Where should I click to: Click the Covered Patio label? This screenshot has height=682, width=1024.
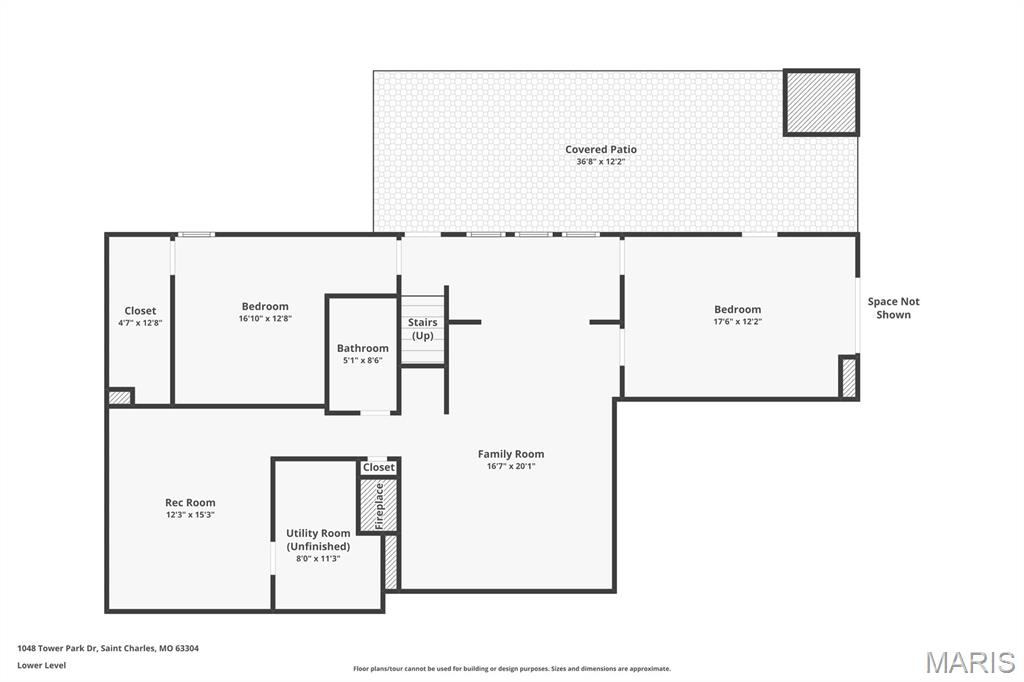601,149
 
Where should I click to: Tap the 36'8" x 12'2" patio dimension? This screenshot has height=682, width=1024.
601,161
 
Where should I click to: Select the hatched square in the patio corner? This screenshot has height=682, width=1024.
821,103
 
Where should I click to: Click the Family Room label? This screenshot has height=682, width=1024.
511,454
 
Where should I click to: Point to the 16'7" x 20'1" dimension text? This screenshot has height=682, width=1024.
511,466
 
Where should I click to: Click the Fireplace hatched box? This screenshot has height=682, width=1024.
379,505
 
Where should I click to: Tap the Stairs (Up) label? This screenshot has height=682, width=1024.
423,329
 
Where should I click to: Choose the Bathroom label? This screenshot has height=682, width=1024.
362,348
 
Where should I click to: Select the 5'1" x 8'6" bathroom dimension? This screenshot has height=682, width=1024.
362,361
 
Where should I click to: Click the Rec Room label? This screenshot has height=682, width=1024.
190,502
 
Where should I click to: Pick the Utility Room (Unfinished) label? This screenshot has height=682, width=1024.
318,540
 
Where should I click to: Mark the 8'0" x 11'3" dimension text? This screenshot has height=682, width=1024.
318,559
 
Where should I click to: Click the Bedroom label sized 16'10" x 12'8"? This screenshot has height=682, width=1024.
265,306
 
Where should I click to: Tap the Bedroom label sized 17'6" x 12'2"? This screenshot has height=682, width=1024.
737,310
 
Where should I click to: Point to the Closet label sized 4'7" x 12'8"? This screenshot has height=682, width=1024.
140,311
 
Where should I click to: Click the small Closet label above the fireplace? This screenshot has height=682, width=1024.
379,467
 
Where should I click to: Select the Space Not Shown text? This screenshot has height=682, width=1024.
893,308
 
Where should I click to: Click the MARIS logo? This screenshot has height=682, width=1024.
970,662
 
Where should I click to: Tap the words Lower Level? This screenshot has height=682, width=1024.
42,665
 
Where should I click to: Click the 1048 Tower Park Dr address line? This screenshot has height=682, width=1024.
108,648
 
